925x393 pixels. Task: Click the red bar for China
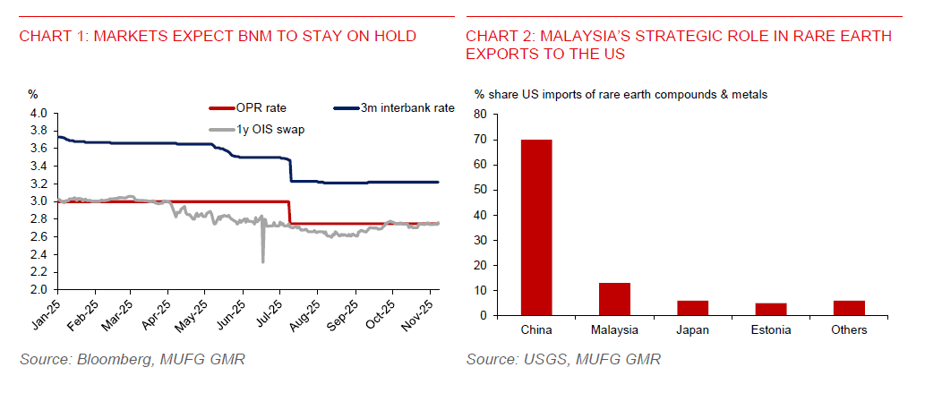point(535,227)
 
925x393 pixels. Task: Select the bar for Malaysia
point(614,299)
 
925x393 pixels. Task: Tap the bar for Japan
point(692,308)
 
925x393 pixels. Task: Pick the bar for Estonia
point(770,309)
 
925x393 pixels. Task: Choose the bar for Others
point(848,308)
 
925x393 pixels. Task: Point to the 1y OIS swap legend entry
point(253,130)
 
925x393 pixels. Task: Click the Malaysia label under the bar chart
point(614,330)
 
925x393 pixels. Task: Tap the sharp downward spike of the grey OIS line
point(262,261)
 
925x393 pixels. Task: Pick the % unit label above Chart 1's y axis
point(32,93)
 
